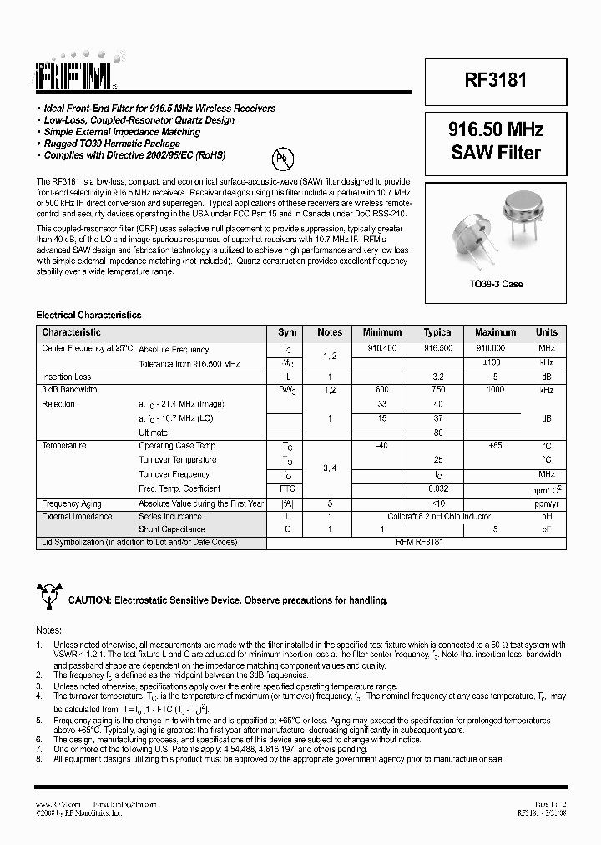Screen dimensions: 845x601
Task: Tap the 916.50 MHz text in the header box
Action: click(496, 130)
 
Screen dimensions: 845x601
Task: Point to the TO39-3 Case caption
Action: click(495, 284)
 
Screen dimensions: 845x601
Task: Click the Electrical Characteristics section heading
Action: click(88, 316)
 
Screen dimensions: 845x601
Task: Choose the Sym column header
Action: click(287, 332)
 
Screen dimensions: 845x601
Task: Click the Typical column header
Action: click(438, 332)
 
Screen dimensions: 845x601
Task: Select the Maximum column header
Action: click(495, 332)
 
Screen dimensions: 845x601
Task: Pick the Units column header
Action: click(547, 332)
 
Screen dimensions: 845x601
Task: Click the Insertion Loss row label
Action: click(67, 377)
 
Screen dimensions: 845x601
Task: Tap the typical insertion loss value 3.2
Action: click(438, 377)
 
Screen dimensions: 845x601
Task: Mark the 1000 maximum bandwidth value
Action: click(495, 390)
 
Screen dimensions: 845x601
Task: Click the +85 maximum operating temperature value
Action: click(495, 446)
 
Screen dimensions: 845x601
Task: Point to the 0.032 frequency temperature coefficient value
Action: click(438, 488)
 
